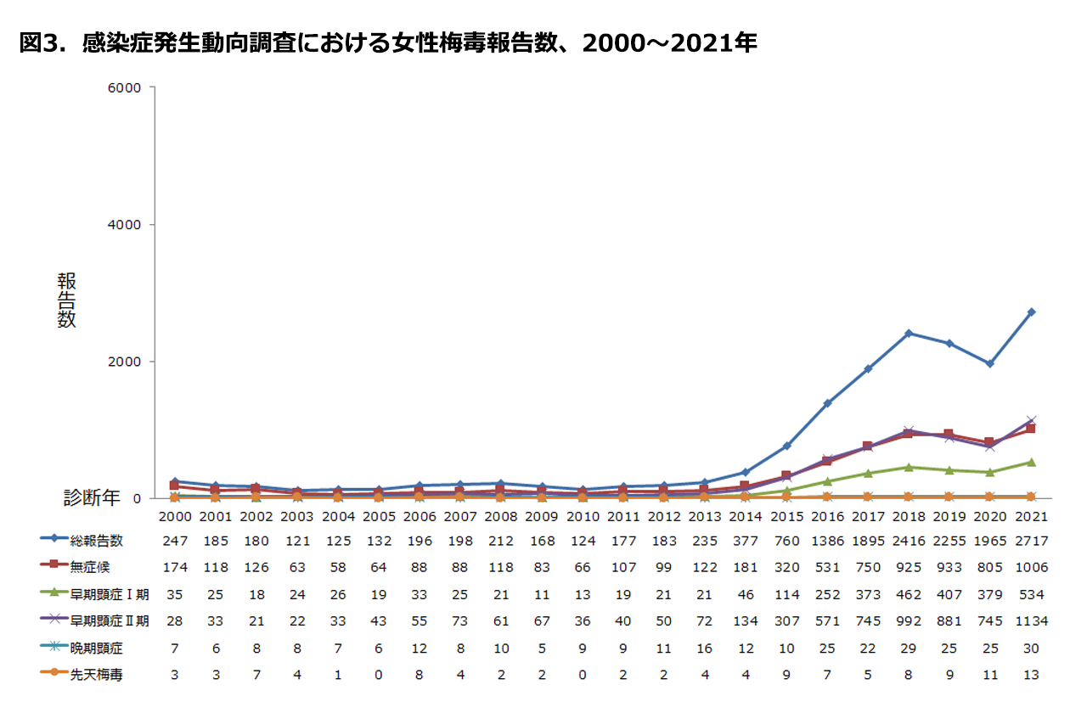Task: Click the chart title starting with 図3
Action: pos(387,44)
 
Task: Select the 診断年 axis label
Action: pos(93,498)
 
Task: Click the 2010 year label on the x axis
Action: pos(583,516)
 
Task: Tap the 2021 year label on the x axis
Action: pos(1031,516)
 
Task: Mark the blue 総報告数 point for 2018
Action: pos(908,333)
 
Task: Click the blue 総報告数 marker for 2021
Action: pos(1031,312)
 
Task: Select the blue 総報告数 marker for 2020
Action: pos(989,363)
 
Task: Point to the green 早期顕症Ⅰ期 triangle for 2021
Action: pos(1031,462)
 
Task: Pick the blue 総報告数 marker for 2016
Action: pos(826,403)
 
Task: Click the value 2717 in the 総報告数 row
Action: pos(1031,541)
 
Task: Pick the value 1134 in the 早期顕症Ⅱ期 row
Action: pos(1031,621)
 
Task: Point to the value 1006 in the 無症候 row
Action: pos(1031,567)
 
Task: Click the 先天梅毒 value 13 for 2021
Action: pos(1031,677)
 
